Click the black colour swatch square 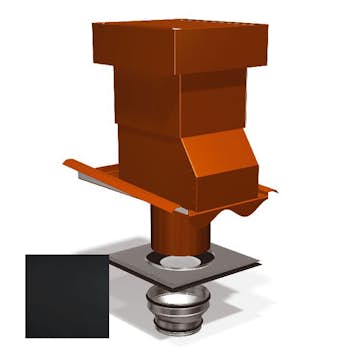point(67,295)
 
